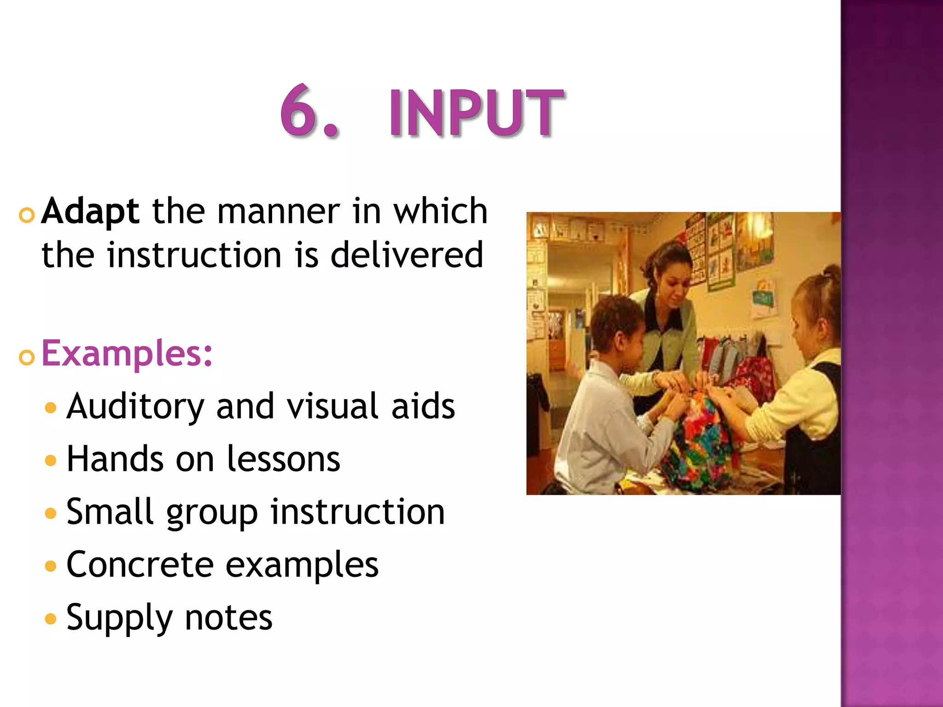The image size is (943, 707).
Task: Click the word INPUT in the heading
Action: click(476, 113)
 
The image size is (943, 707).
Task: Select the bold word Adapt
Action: click(90, 211)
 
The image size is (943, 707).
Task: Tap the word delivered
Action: click(407, 255)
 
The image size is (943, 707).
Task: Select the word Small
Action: click(110, 511)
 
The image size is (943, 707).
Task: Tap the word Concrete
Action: click(140, 564)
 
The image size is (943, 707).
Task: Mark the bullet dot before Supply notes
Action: click(51, 619)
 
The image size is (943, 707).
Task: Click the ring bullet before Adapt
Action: click(27, 215)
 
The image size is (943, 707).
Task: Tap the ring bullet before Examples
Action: click(27, 357)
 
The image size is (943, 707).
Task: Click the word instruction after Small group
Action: click(357, 511)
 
